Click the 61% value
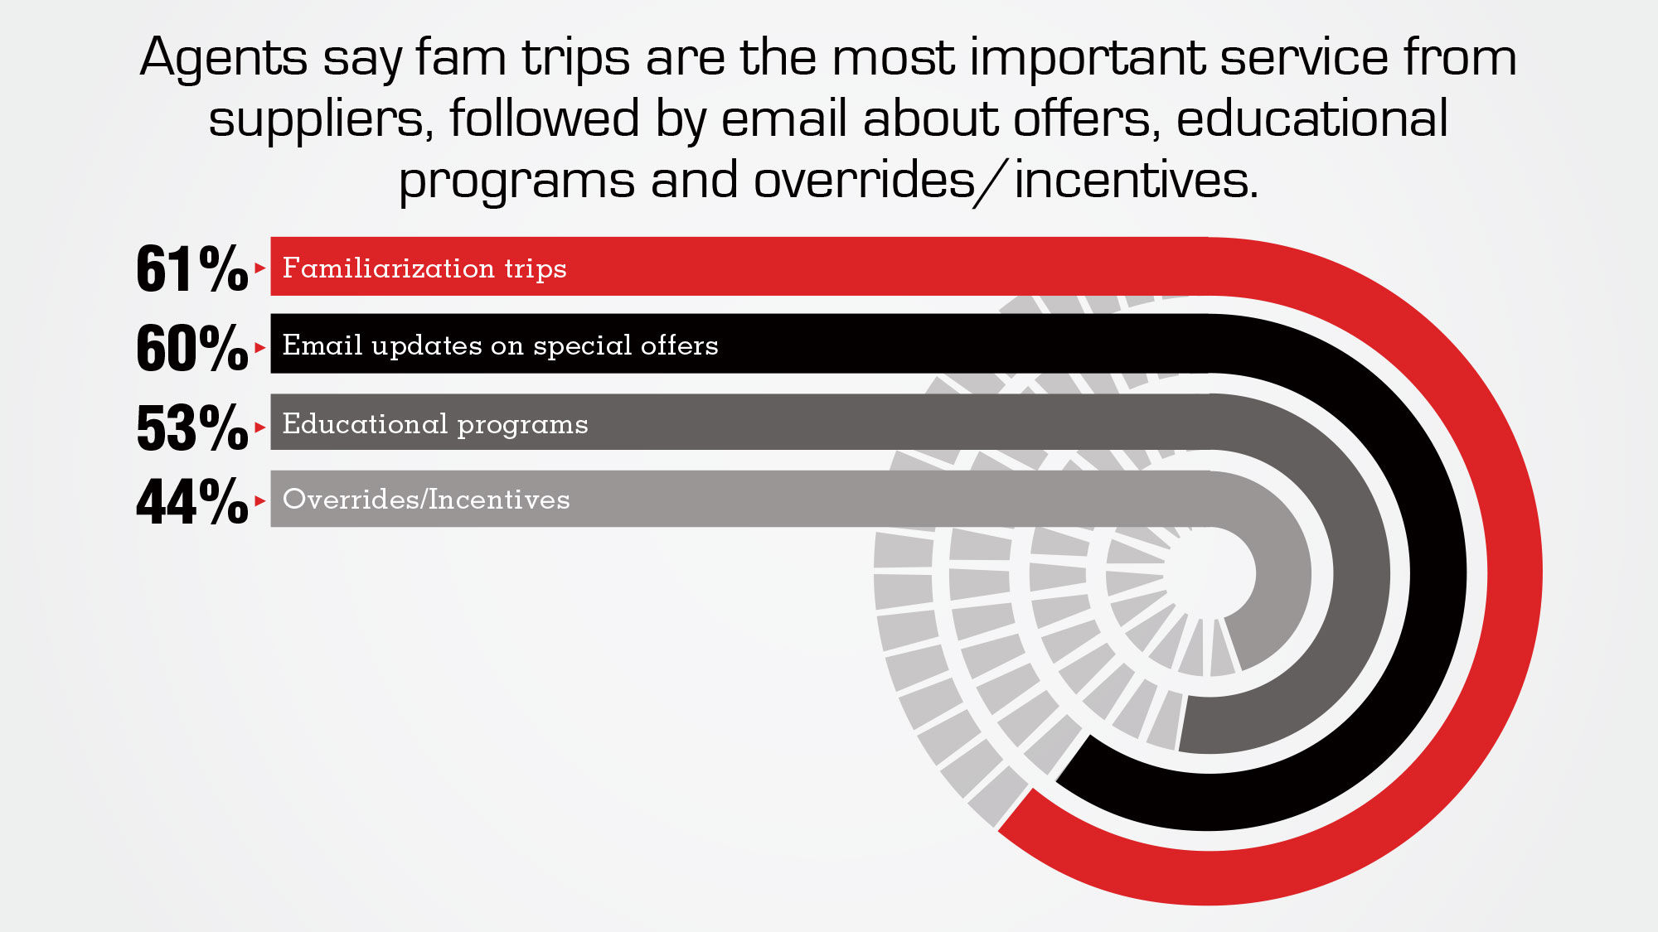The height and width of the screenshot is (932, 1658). point(192,268)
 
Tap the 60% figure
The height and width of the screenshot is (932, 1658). point(192,347)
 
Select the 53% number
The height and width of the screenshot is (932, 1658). point(192,427)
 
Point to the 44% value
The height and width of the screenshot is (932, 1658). point(192,501)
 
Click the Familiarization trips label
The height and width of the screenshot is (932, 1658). point(424,268)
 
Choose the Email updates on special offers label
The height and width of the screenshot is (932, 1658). point(501,345)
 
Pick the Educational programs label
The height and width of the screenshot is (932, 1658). point(435,423)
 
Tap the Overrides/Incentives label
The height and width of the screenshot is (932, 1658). point(426,499)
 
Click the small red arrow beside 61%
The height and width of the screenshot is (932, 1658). point(260,268)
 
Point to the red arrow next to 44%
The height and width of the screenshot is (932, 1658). point(260,501)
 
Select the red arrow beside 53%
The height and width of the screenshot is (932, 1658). point(260,427)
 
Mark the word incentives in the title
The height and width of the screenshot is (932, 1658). point(1136,180)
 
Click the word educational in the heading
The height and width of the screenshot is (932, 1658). point(1312,118)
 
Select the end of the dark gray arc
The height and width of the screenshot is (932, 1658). point(1183,724)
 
